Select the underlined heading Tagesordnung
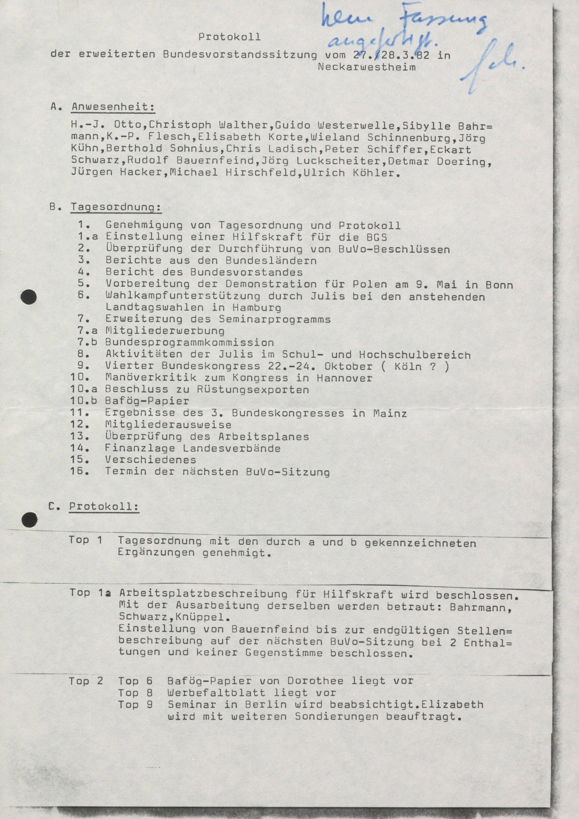[x=116, y=207]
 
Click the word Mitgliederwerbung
[x=165, y=331]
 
